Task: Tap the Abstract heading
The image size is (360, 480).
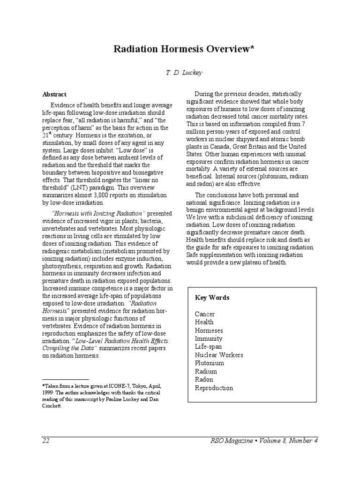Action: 55,94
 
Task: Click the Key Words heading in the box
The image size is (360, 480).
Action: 212,298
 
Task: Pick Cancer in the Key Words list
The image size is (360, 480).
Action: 205,314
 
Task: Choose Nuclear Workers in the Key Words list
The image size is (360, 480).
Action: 219,355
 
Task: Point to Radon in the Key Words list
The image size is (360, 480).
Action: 204,380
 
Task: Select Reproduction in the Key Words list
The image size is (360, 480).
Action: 214,388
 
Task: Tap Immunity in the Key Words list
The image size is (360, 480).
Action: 209,338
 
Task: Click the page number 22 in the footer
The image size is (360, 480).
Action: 46,441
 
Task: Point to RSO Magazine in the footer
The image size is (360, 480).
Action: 226,441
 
